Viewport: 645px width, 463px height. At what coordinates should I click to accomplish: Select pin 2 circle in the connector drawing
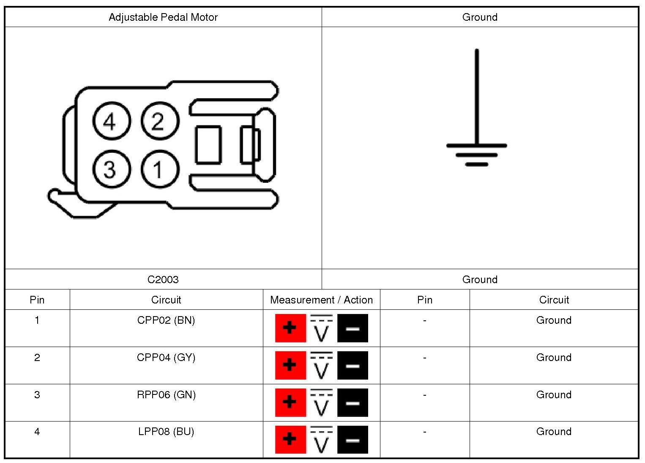(159, 121)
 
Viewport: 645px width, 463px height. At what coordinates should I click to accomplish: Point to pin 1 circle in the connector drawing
(159, 170)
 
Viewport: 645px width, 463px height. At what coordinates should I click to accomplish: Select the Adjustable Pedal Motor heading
(163, 17)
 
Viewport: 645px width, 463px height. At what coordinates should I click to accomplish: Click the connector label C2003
(163, 280)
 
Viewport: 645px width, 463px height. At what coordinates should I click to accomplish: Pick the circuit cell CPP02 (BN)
(166, 320)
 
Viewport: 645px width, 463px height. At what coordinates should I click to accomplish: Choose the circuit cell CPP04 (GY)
(166, 358)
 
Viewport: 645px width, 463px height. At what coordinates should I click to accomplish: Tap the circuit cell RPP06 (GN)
(166, 395)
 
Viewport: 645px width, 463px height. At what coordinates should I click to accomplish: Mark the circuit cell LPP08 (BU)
(166, 432)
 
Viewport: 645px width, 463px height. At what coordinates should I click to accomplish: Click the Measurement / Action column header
(321, 300)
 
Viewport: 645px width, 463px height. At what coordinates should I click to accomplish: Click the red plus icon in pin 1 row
(290, 328)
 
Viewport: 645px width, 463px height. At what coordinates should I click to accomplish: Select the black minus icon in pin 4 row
(353, 440)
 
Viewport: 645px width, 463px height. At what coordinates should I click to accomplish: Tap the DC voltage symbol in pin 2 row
(321, 365)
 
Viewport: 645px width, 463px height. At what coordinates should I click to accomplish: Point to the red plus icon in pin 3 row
(290, 402)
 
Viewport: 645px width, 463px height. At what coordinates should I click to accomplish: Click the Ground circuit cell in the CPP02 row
(554, 320)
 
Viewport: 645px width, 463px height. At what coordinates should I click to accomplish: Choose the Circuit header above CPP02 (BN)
(166, 300)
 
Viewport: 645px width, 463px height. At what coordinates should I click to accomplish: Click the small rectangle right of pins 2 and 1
(208, 145)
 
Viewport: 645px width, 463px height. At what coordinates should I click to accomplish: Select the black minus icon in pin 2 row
(353, 365)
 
